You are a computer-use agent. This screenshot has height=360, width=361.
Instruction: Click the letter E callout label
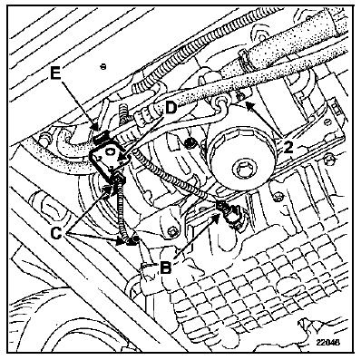55,73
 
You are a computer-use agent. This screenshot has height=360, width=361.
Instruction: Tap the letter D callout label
171,108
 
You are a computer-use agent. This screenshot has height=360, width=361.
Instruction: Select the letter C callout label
56,233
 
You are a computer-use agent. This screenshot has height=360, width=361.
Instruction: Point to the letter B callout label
166,268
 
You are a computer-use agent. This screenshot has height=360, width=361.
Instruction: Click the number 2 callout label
288,147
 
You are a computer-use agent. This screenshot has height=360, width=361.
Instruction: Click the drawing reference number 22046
328,342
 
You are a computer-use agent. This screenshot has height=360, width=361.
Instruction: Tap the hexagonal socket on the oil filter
240,168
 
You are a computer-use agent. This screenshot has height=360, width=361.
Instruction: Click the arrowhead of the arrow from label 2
248,106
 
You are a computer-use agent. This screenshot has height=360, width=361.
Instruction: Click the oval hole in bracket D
110,150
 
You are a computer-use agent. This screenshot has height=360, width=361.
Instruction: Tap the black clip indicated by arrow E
101,137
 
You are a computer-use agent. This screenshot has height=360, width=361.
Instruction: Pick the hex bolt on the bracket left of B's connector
173,232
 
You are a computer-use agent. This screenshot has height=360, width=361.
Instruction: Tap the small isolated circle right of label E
103,66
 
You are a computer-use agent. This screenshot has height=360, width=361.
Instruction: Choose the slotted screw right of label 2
327,122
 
